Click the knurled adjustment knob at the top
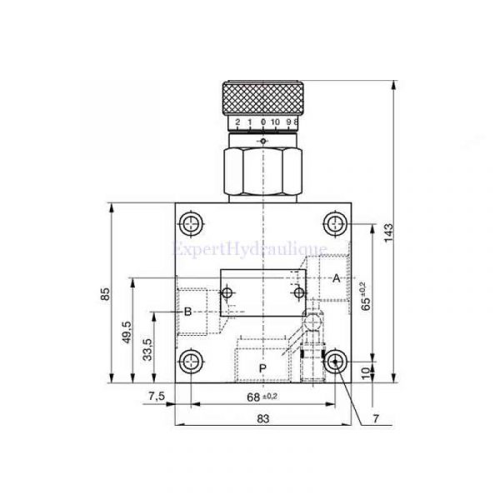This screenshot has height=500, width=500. point(263,97)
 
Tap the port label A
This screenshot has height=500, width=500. point(337,277)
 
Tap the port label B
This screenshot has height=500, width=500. point(188,311)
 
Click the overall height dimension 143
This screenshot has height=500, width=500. point(388,234)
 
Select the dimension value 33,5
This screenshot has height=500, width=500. point(147,347)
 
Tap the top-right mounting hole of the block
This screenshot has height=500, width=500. point(335,223)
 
